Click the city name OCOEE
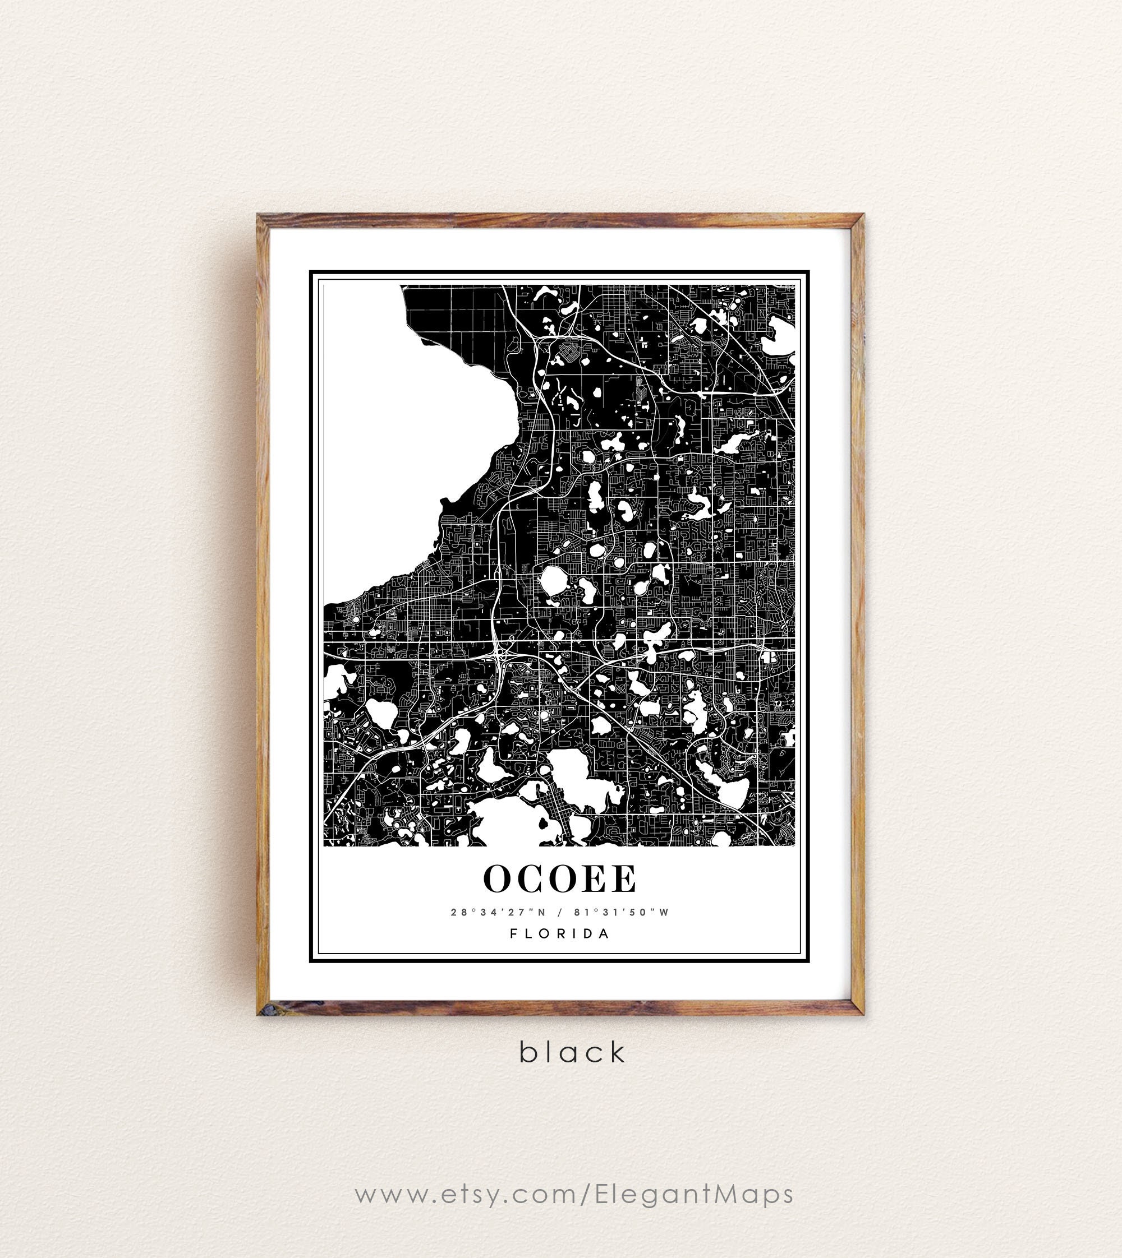560,878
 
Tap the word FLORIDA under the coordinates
560,933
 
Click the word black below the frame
572,1052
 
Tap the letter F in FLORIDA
513,933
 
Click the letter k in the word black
616,1052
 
